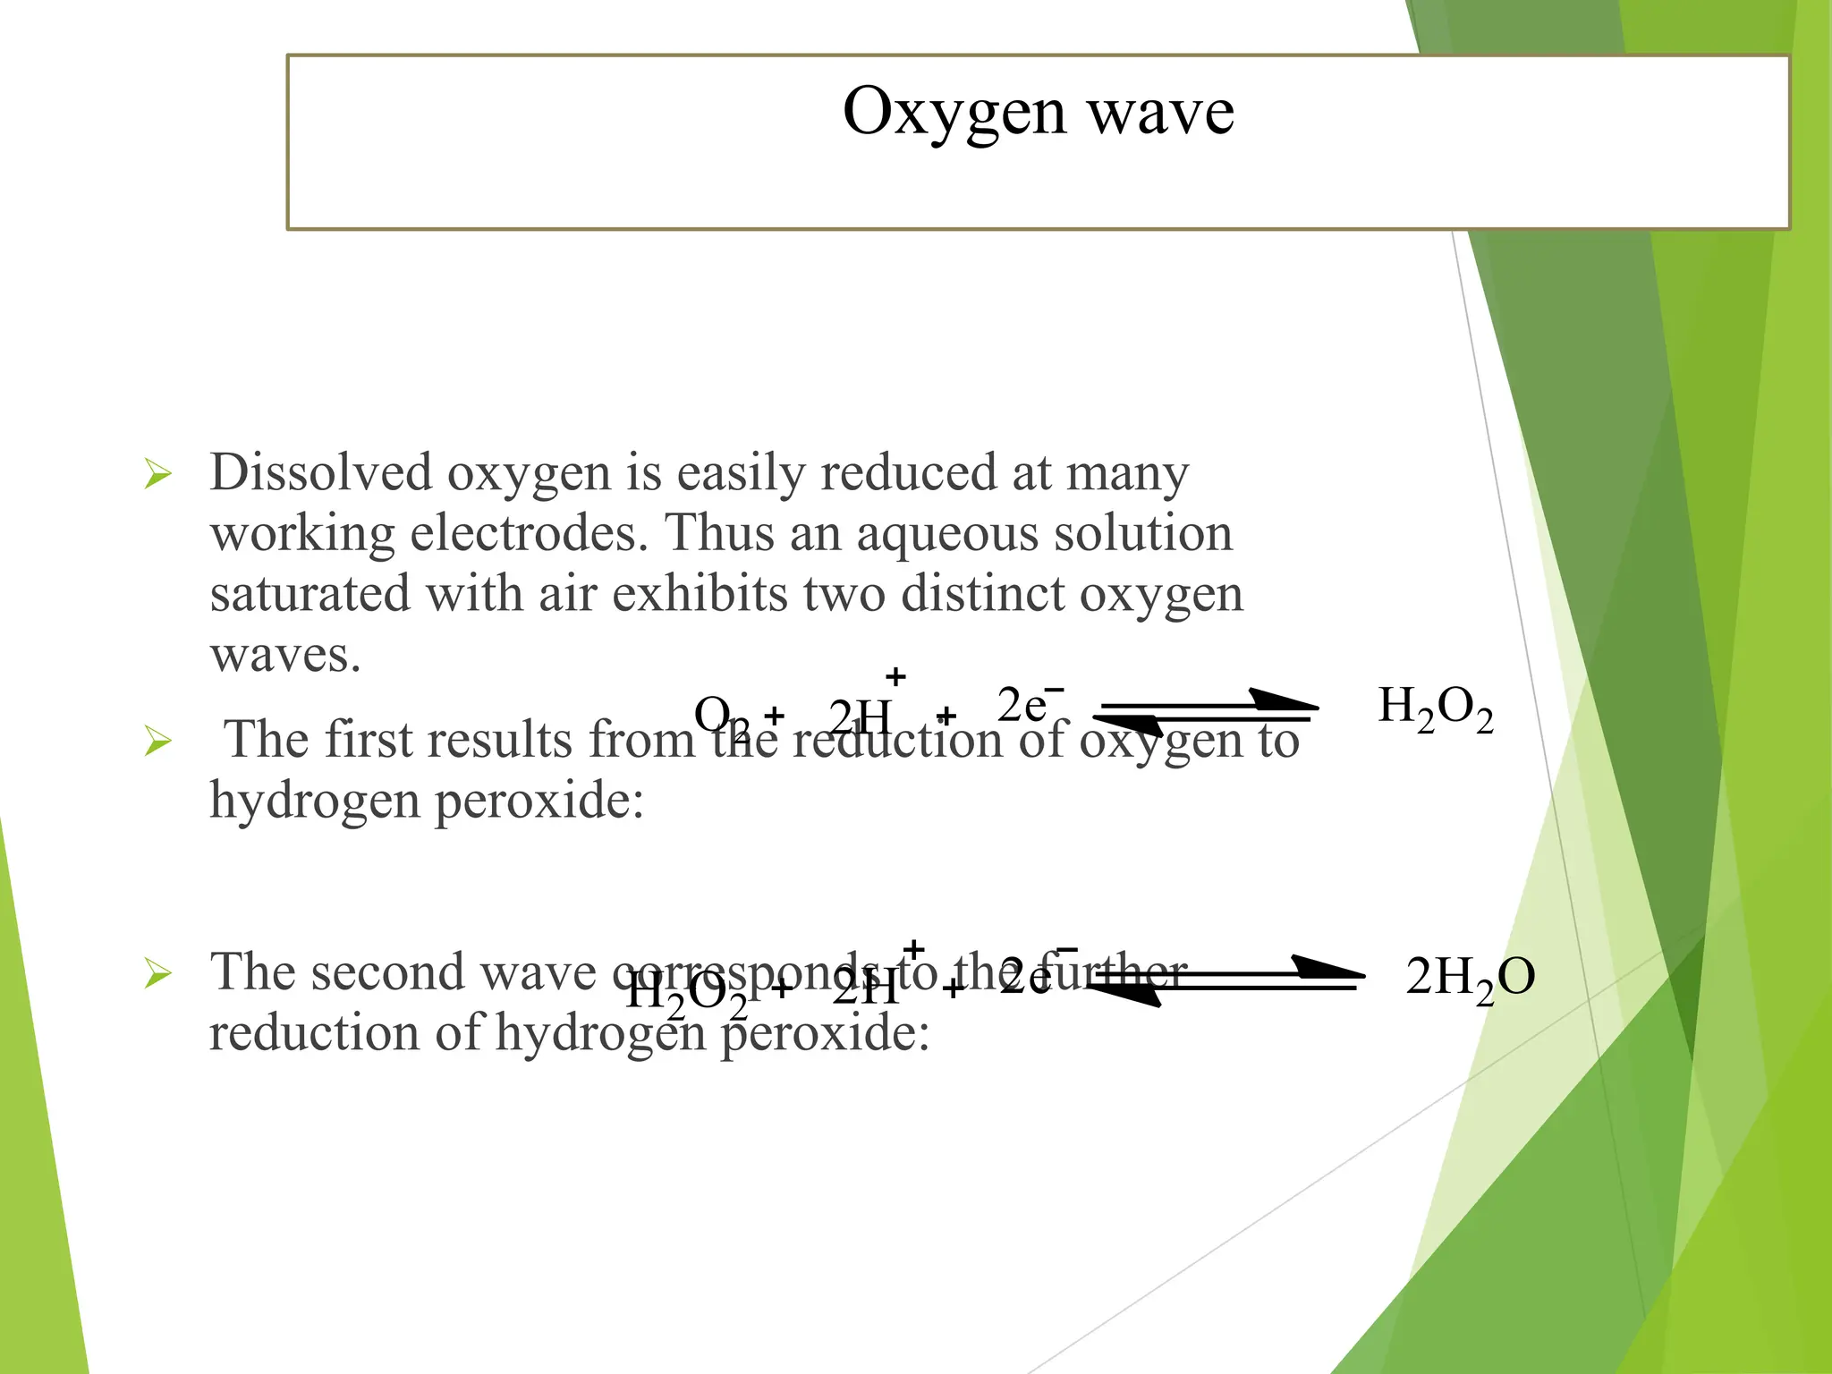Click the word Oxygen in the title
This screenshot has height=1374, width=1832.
pyautogui.click(x=954, y=114)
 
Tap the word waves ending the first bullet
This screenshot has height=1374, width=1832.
pyautogui.click(x=284, y=655)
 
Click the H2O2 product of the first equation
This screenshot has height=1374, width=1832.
pyautogui.click(x=1435, y=708)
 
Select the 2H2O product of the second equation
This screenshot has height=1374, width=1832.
pyautogui.click(x=1470, y=977)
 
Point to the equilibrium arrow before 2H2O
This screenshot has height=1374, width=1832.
pyautogui.click(x=1226, y=981)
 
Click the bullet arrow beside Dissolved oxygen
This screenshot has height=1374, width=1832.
pyautogui.click(x=157, y=474)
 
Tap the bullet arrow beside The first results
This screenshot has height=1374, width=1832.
pyautogui.click(x=157, y=742)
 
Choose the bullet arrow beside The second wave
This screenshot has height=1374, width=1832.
pyautogui.click(x=157, y=973)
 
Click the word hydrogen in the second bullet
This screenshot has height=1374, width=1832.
pyautogui.click(x=313, y=801)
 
